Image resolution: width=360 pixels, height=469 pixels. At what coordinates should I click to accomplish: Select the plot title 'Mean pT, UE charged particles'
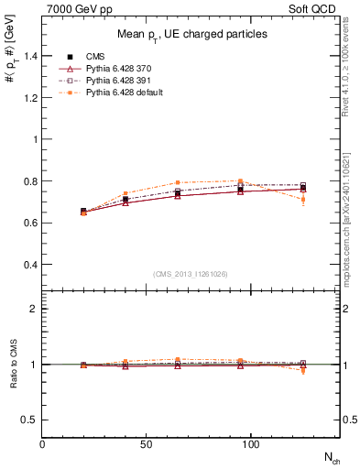point(191,34)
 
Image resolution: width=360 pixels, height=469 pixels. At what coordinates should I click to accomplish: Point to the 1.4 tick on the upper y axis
point(31,56)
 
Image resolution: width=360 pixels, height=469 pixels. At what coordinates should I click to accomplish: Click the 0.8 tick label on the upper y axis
point(31,181)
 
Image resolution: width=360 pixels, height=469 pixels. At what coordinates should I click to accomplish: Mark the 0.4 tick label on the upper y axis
point(31,265)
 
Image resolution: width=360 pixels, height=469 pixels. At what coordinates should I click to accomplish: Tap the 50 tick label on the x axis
point(146,444)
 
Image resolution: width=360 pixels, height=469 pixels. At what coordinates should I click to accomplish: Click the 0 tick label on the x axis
point(43,444)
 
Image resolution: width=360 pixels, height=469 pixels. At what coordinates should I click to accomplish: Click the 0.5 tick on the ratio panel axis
point(31,420)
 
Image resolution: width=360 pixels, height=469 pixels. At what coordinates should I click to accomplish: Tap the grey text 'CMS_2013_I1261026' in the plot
point(191,274)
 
